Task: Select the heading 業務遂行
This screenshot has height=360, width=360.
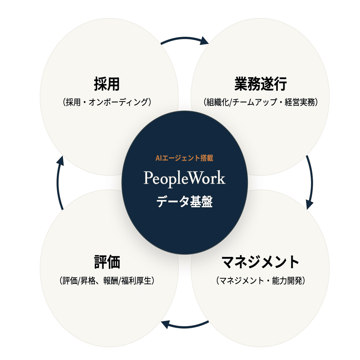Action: point(260,84)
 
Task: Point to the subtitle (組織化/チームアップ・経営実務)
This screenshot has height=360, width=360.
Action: point(260,102)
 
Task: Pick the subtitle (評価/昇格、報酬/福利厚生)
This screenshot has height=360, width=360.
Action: point(107,281)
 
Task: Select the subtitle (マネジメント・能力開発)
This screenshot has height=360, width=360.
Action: point(260,281)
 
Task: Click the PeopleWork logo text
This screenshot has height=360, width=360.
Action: point(184,178)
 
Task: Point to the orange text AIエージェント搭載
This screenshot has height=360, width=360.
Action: point(184,158)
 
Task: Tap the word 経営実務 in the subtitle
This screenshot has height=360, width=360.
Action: point(300,102)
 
